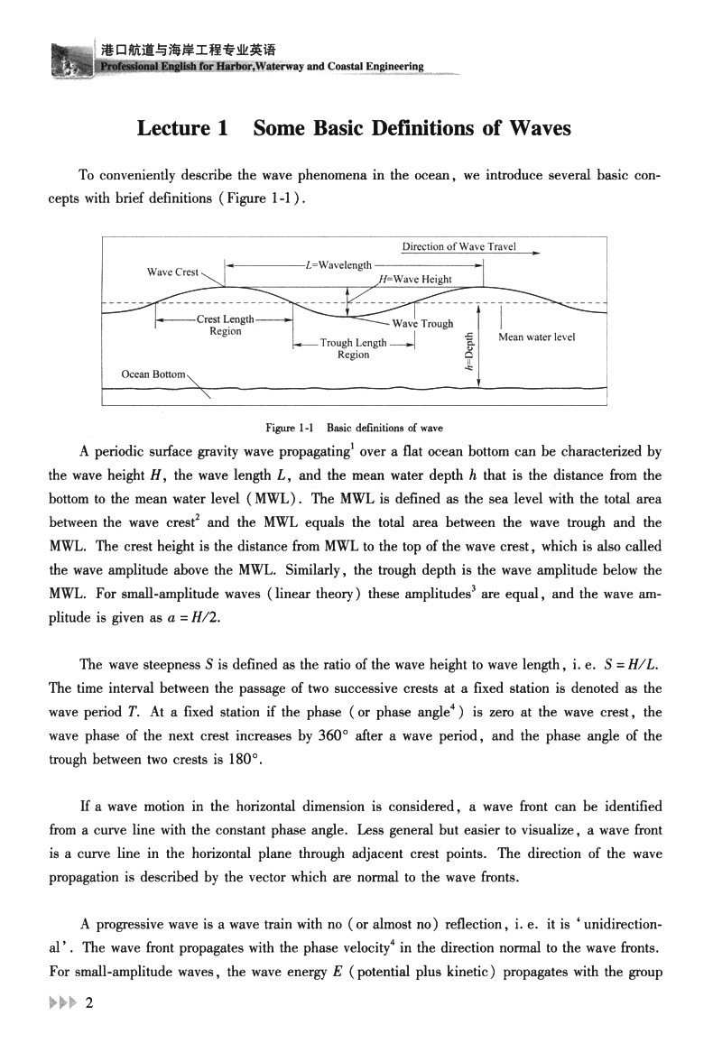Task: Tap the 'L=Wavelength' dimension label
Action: click(x=338, y=265)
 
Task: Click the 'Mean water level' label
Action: click(x=536, y=337)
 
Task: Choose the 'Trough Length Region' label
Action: click(x=353, y=348)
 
